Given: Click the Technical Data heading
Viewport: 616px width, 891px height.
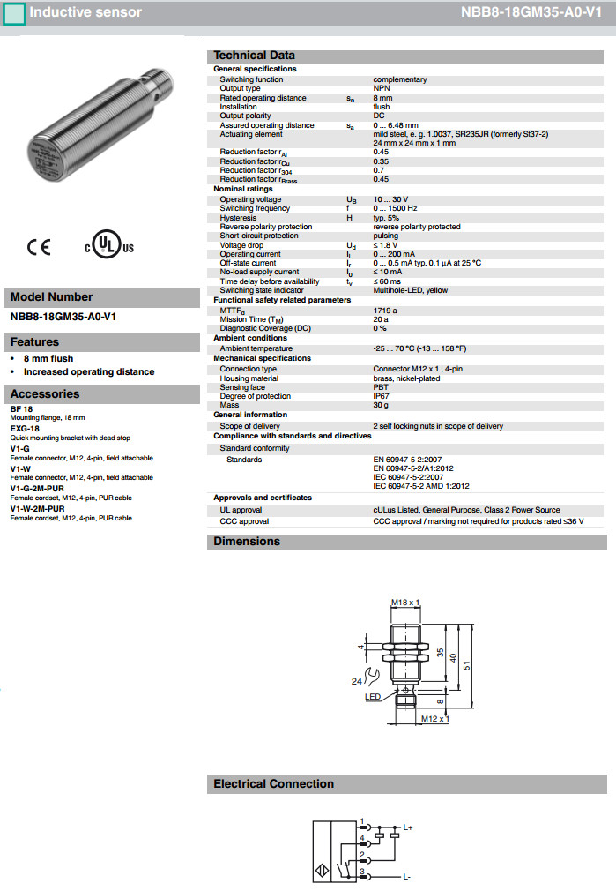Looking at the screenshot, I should (x=254, y=55).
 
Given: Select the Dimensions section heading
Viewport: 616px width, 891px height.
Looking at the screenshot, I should (x=247, y=542).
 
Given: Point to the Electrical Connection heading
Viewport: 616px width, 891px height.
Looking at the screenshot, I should (x=273, y=784).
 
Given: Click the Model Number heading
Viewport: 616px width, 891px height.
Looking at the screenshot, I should (x=51, y=297).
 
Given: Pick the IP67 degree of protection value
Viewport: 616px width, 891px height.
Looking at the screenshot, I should (x=382, y=396).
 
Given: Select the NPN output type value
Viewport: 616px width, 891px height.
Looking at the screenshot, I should (x=382, y=88).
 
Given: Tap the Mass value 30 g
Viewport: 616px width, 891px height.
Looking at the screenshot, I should (x=381, y=405).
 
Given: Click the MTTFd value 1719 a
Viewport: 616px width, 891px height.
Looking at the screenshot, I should (x=385, y=311).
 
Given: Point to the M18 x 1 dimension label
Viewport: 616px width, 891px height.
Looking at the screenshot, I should (x=405, y=603).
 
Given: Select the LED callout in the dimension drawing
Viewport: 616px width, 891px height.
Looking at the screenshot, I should (x=372, y=696).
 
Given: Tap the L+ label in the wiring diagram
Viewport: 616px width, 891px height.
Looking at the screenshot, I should (x=407, y=827).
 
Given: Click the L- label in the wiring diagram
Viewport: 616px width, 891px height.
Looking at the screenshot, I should (x=406, y=877).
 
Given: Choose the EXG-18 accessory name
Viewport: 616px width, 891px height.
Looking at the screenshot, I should (x=25, y=428).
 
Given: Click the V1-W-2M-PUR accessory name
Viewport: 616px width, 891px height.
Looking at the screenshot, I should (x=37, y=509).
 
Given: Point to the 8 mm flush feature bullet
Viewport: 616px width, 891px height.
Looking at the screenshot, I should (x=48, y=358).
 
